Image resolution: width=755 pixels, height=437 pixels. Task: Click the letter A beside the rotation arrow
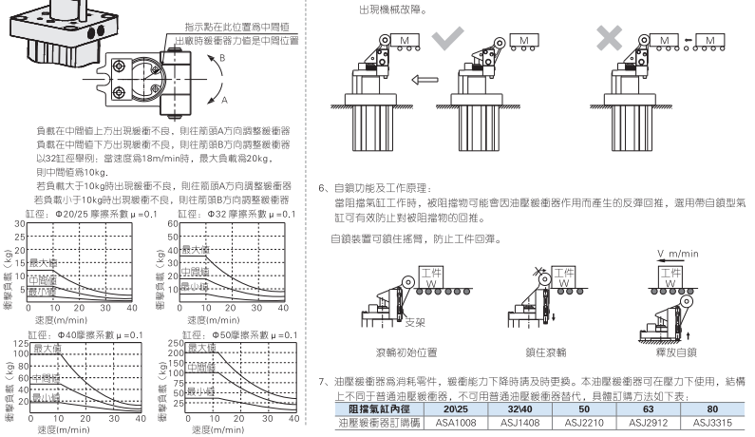[x=224, y=99]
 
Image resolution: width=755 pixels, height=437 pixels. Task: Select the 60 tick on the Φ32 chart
[x=177, y=224]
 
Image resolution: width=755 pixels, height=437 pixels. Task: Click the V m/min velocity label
[x=677, y=254]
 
